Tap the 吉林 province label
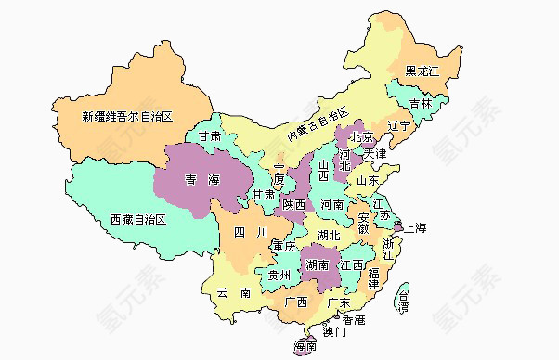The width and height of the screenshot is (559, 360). coord(421,103)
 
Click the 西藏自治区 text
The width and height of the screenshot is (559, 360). coord(136,220)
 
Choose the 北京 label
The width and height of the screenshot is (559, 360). coord(363,137)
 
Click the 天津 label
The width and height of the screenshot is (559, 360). coord(376,152)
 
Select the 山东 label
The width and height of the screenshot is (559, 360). coord(381,180)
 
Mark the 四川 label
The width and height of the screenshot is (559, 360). coord(250,231)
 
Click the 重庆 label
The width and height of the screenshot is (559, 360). coord(284,247)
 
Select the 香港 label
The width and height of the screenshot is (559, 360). coord(353,319)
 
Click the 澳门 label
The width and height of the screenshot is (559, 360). coord(334,331)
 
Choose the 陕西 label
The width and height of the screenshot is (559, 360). coord(295,205)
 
